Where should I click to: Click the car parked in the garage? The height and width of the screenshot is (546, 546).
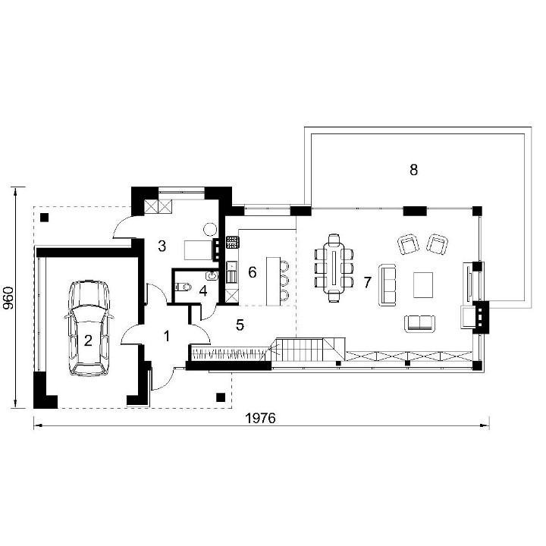coord(89,328)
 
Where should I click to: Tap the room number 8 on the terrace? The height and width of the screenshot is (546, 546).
coord(413,170)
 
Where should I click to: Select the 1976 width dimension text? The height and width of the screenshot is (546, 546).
coord(260,418)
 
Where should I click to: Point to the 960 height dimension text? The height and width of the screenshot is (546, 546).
coord(8,298)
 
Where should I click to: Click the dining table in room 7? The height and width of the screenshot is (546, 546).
coord(334,268)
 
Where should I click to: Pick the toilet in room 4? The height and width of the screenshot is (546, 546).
coord(184,287)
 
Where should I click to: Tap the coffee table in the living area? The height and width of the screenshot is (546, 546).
coord(423,285)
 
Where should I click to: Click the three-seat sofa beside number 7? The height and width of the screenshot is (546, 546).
coord(388,285)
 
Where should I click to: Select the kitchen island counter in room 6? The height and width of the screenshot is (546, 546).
coord(273,281)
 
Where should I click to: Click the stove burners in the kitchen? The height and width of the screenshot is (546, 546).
coord(233,242)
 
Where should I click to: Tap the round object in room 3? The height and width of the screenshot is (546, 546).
coord(210,230)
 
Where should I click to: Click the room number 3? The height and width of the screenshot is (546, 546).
coord(162,246)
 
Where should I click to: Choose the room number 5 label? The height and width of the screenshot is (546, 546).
coord(240,325)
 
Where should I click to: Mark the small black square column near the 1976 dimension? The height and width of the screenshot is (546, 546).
coord(221,397)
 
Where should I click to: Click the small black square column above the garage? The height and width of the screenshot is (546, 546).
coord(44,218)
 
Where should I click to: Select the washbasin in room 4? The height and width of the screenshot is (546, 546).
coord(212,276)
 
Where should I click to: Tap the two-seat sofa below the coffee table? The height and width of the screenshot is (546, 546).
coord(419,324)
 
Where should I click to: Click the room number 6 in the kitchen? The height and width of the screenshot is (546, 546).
coord(252,272)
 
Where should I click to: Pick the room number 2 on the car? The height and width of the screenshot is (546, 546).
coord(88,340)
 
